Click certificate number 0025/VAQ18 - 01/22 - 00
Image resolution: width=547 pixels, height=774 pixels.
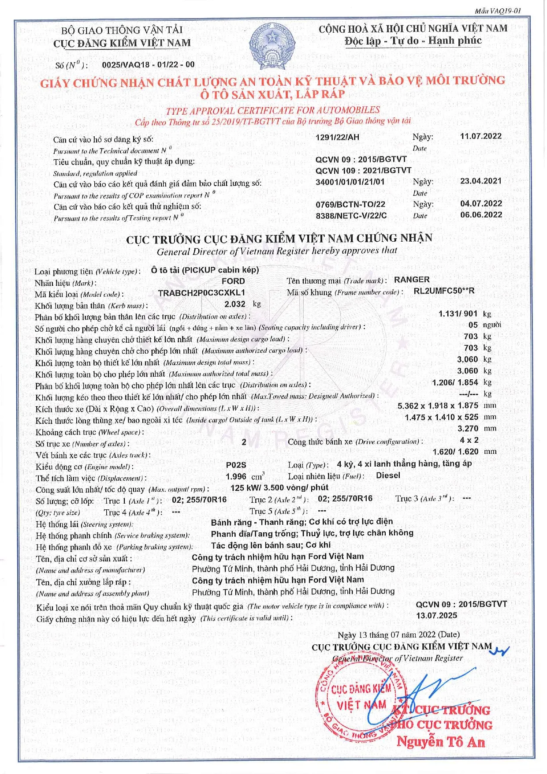coord(148,64)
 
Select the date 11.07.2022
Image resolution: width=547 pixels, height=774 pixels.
coord(481,136)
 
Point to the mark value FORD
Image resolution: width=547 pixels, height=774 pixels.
coord(233,281)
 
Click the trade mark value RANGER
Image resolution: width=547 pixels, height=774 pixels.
coord(412,280)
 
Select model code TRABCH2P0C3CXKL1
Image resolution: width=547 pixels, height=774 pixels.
coord(201,292)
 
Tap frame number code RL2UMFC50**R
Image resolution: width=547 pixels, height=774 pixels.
coord(444,291)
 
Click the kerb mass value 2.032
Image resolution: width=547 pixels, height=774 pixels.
coord(235,304)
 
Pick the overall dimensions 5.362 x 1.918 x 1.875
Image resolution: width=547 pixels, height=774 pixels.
coord(438,406)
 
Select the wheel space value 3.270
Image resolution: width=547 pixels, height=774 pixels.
coord(468,428)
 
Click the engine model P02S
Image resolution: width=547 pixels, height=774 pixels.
coord(236,465)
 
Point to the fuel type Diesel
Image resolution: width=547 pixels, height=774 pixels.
coord(388,475)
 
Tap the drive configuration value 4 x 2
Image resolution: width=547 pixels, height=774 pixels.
coord(469,440)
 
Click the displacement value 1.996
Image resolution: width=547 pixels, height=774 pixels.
coord(236,477)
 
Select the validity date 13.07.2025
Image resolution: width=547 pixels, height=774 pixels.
coord(436,615)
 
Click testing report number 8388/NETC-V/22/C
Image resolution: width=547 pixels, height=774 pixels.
coord(351,215)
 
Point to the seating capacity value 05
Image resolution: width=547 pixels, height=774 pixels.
coord(473,325)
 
